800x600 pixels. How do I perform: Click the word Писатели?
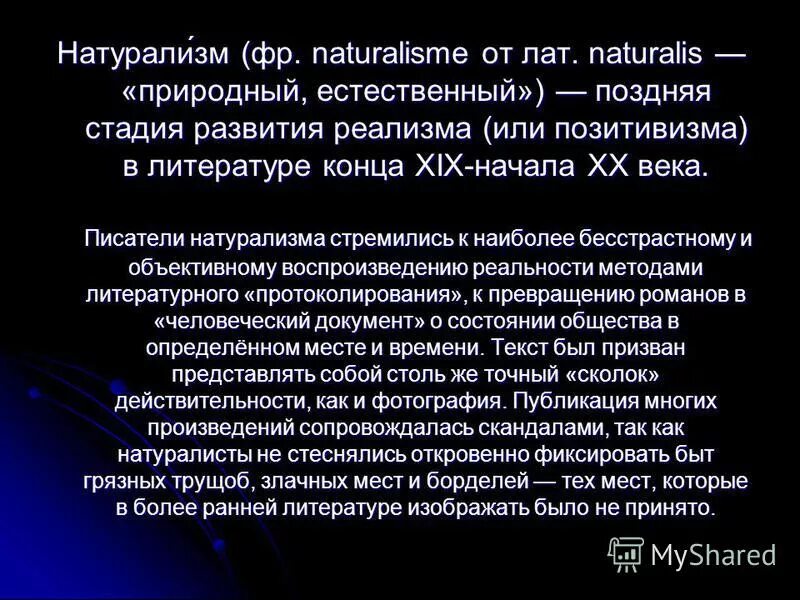[130, 239]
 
